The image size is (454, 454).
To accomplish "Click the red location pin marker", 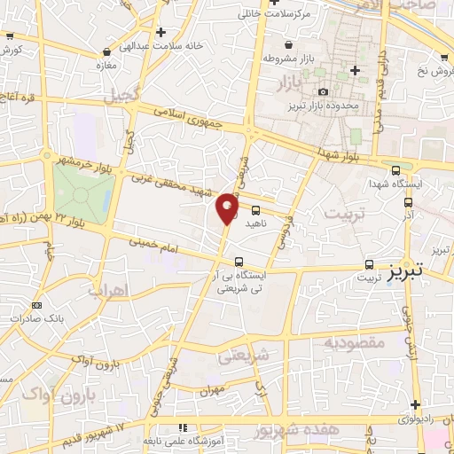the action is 227,207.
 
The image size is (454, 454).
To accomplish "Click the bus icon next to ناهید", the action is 255,210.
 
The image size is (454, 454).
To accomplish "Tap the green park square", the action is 83,192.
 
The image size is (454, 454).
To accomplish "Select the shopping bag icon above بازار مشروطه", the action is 287,44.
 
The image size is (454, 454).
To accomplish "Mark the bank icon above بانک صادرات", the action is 24,307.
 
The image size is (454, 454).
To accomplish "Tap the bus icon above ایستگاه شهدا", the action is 395,170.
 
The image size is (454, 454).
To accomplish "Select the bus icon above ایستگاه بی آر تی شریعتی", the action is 239,262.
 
